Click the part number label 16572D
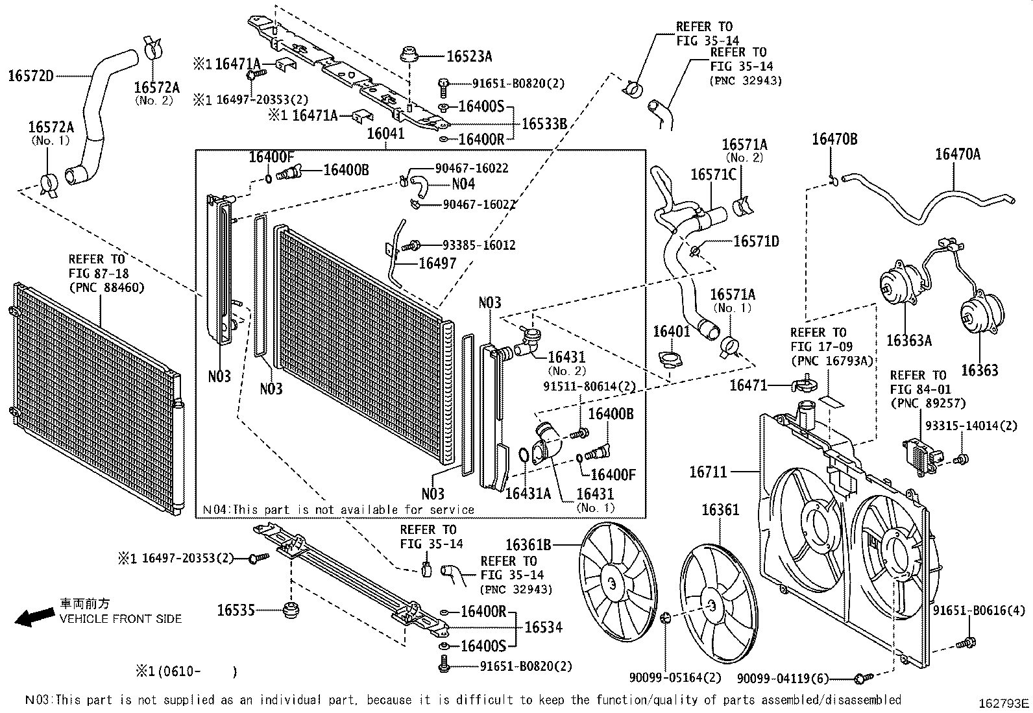(x=30, y=76)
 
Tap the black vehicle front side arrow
(x=34, y=617)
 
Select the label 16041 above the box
(x=385, y=134)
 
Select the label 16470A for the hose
(x=957, y=154)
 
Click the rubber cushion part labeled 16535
(x=290, y=610)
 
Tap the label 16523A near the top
(x=468, y=56)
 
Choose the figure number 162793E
(x=1004, y=703)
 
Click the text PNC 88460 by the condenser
(x=107, y=287)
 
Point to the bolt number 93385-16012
(x=478, y=245)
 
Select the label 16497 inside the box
(x=437, y=263)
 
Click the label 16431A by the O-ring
(x=528, y=494)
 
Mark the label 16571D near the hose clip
(x=756, y=241)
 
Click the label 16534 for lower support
(x=543, y=627)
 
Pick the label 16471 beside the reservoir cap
(x=748, y=385)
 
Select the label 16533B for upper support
(x=544, y=123)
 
